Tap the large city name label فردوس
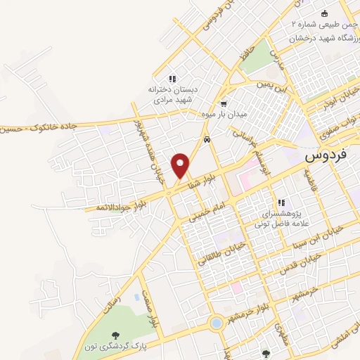pos(329,157)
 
